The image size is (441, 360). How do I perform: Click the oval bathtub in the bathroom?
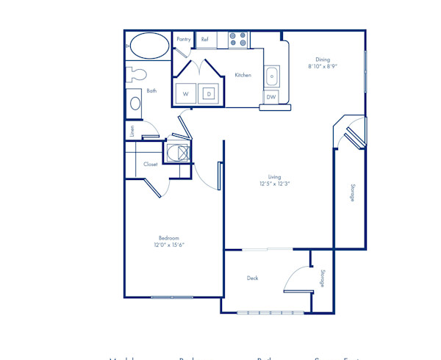click(148, 45)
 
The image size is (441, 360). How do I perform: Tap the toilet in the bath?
click(135, 73)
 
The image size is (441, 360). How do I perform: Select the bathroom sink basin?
click(136, 104)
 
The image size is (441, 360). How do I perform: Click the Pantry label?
click(184, 39)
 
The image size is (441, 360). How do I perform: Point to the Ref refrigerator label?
click(205, 39)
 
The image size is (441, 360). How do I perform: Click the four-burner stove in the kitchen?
click(237, 39)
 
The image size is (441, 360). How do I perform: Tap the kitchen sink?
click(272, 76)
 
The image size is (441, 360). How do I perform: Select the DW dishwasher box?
click(271, 97)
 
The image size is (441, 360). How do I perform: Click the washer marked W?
click(185, 94)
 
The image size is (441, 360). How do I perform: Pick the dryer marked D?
click(208, 94)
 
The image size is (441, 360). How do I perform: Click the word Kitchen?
click(243, 75)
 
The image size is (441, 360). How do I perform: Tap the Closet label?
click(151, 165)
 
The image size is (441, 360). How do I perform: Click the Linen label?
click(132, 131)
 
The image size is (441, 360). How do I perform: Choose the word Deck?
click(252, 278)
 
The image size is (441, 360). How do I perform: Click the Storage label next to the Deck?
click(322, 278)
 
